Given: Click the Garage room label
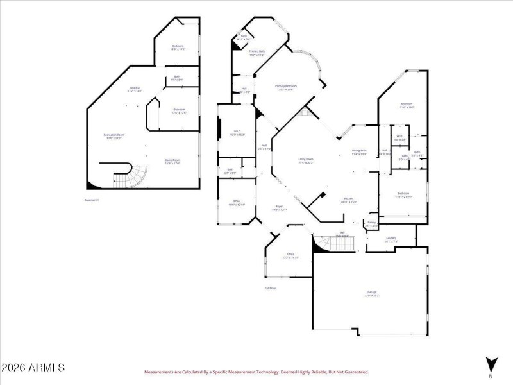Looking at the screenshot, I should [372, 293].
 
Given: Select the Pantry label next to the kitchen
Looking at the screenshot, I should [371, 223].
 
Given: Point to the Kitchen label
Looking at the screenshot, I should [349, 200].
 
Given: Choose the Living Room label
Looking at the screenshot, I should [305, 160].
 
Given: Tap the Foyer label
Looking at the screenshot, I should [280, 208].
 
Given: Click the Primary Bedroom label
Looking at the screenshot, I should [286, 87].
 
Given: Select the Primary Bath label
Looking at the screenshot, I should [257, 53].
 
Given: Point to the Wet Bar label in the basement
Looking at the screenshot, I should [135, 89].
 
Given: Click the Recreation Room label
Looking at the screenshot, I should [114, 136].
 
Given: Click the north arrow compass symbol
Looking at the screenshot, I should [491, 364].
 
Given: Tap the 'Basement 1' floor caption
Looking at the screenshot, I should [92, 200].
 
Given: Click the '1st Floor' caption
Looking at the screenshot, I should [271, 289].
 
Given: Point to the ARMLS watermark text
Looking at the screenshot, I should [33, 368].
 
